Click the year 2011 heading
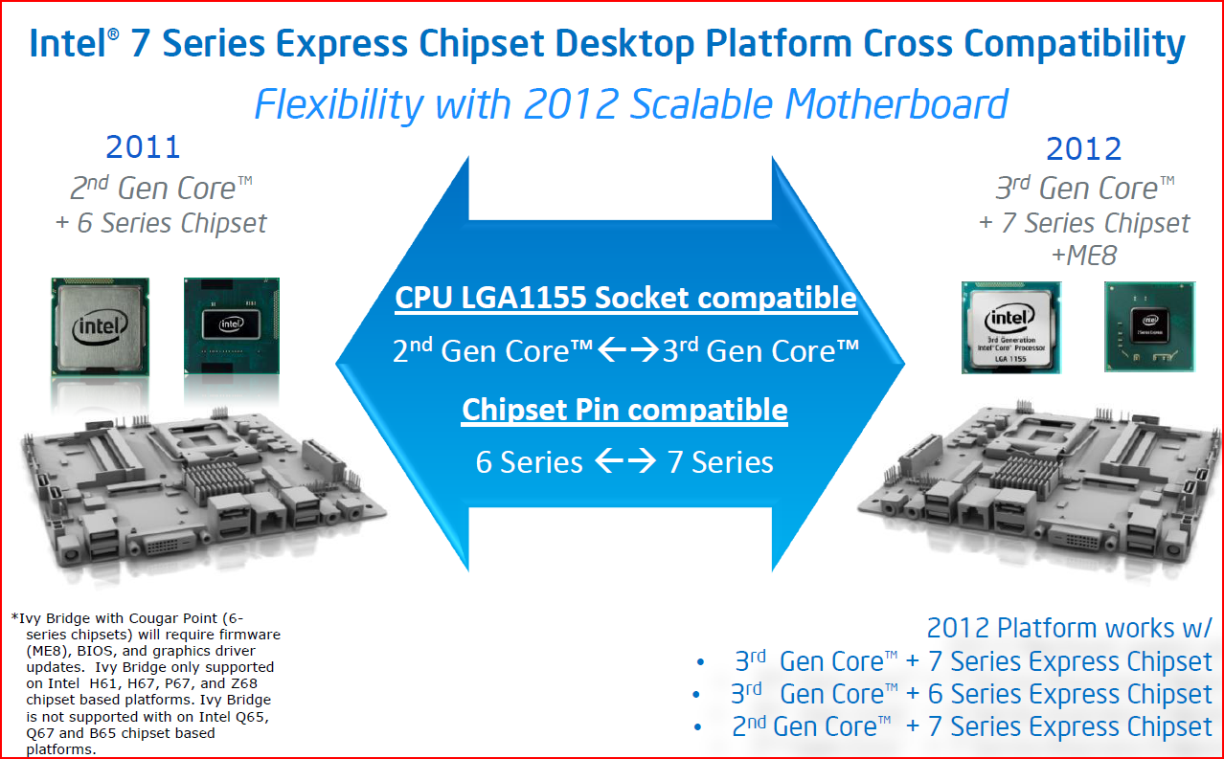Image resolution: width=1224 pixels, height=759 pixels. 143,146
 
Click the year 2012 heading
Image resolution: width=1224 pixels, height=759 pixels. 1083,148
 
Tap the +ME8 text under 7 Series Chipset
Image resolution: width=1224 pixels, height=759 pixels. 1084,255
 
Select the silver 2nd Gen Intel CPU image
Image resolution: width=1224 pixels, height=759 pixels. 100,326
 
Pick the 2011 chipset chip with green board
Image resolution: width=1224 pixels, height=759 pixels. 232,325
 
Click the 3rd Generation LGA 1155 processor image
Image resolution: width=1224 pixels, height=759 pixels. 1010,327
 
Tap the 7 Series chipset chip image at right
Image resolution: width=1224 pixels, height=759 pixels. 1149,326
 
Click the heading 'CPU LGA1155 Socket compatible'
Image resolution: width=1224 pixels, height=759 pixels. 625,298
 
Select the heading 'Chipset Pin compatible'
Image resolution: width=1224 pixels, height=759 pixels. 624,410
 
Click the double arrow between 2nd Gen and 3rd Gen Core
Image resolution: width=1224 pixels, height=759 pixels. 628,349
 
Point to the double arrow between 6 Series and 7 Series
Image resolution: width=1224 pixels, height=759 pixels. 625,460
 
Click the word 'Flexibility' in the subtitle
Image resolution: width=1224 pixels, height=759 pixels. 339,104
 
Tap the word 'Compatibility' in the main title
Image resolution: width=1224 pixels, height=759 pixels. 1075,44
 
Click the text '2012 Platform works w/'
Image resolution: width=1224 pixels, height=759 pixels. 1070,628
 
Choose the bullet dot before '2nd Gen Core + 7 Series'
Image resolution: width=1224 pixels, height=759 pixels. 698,727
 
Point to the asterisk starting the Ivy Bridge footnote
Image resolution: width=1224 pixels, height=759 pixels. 14,617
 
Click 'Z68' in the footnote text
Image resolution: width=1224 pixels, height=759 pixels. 243,683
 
